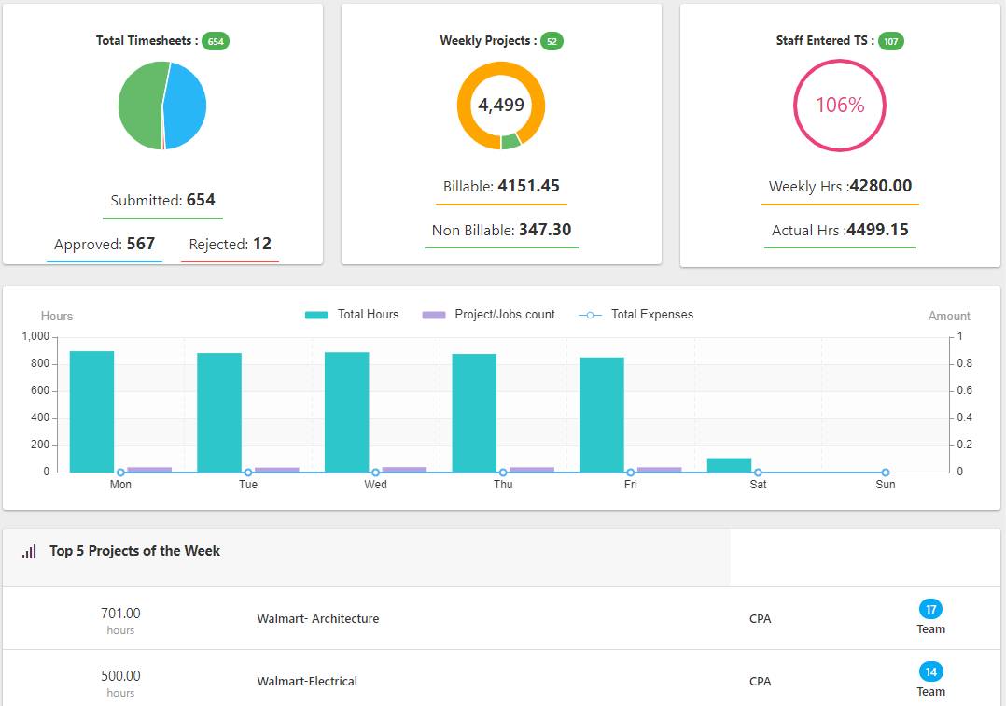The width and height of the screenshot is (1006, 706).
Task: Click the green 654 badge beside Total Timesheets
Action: coord(216,41)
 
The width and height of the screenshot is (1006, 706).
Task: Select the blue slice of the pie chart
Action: coord(187,105)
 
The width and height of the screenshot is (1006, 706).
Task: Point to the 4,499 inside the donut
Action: coord(501,106)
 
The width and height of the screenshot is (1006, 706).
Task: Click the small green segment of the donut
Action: coord(510,142)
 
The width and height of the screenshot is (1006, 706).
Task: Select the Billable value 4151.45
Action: coord(528,186)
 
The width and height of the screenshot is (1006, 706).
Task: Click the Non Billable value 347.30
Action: coord(544,230)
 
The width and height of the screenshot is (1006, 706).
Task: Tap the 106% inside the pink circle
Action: coord(840,106)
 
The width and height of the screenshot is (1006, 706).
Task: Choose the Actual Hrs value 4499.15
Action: coord(877,230)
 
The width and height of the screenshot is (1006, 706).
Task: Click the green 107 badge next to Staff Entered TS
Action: coord(891,41)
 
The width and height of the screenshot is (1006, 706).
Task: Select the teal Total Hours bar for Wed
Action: coord(346,412)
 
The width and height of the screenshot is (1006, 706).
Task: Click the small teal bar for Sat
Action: coord(729,465)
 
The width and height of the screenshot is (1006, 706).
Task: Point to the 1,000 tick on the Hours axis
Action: coord(35,336)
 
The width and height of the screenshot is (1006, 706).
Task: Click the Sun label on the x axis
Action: coord(886,485)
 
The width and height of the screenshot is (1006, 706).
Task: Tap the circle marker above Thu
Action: coord(503,473)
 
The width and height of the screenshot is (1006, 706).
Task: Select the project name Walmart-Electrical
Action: coord(307,681)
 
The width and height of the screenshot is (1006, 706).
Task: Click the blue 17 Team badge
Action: coord(930,609)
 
